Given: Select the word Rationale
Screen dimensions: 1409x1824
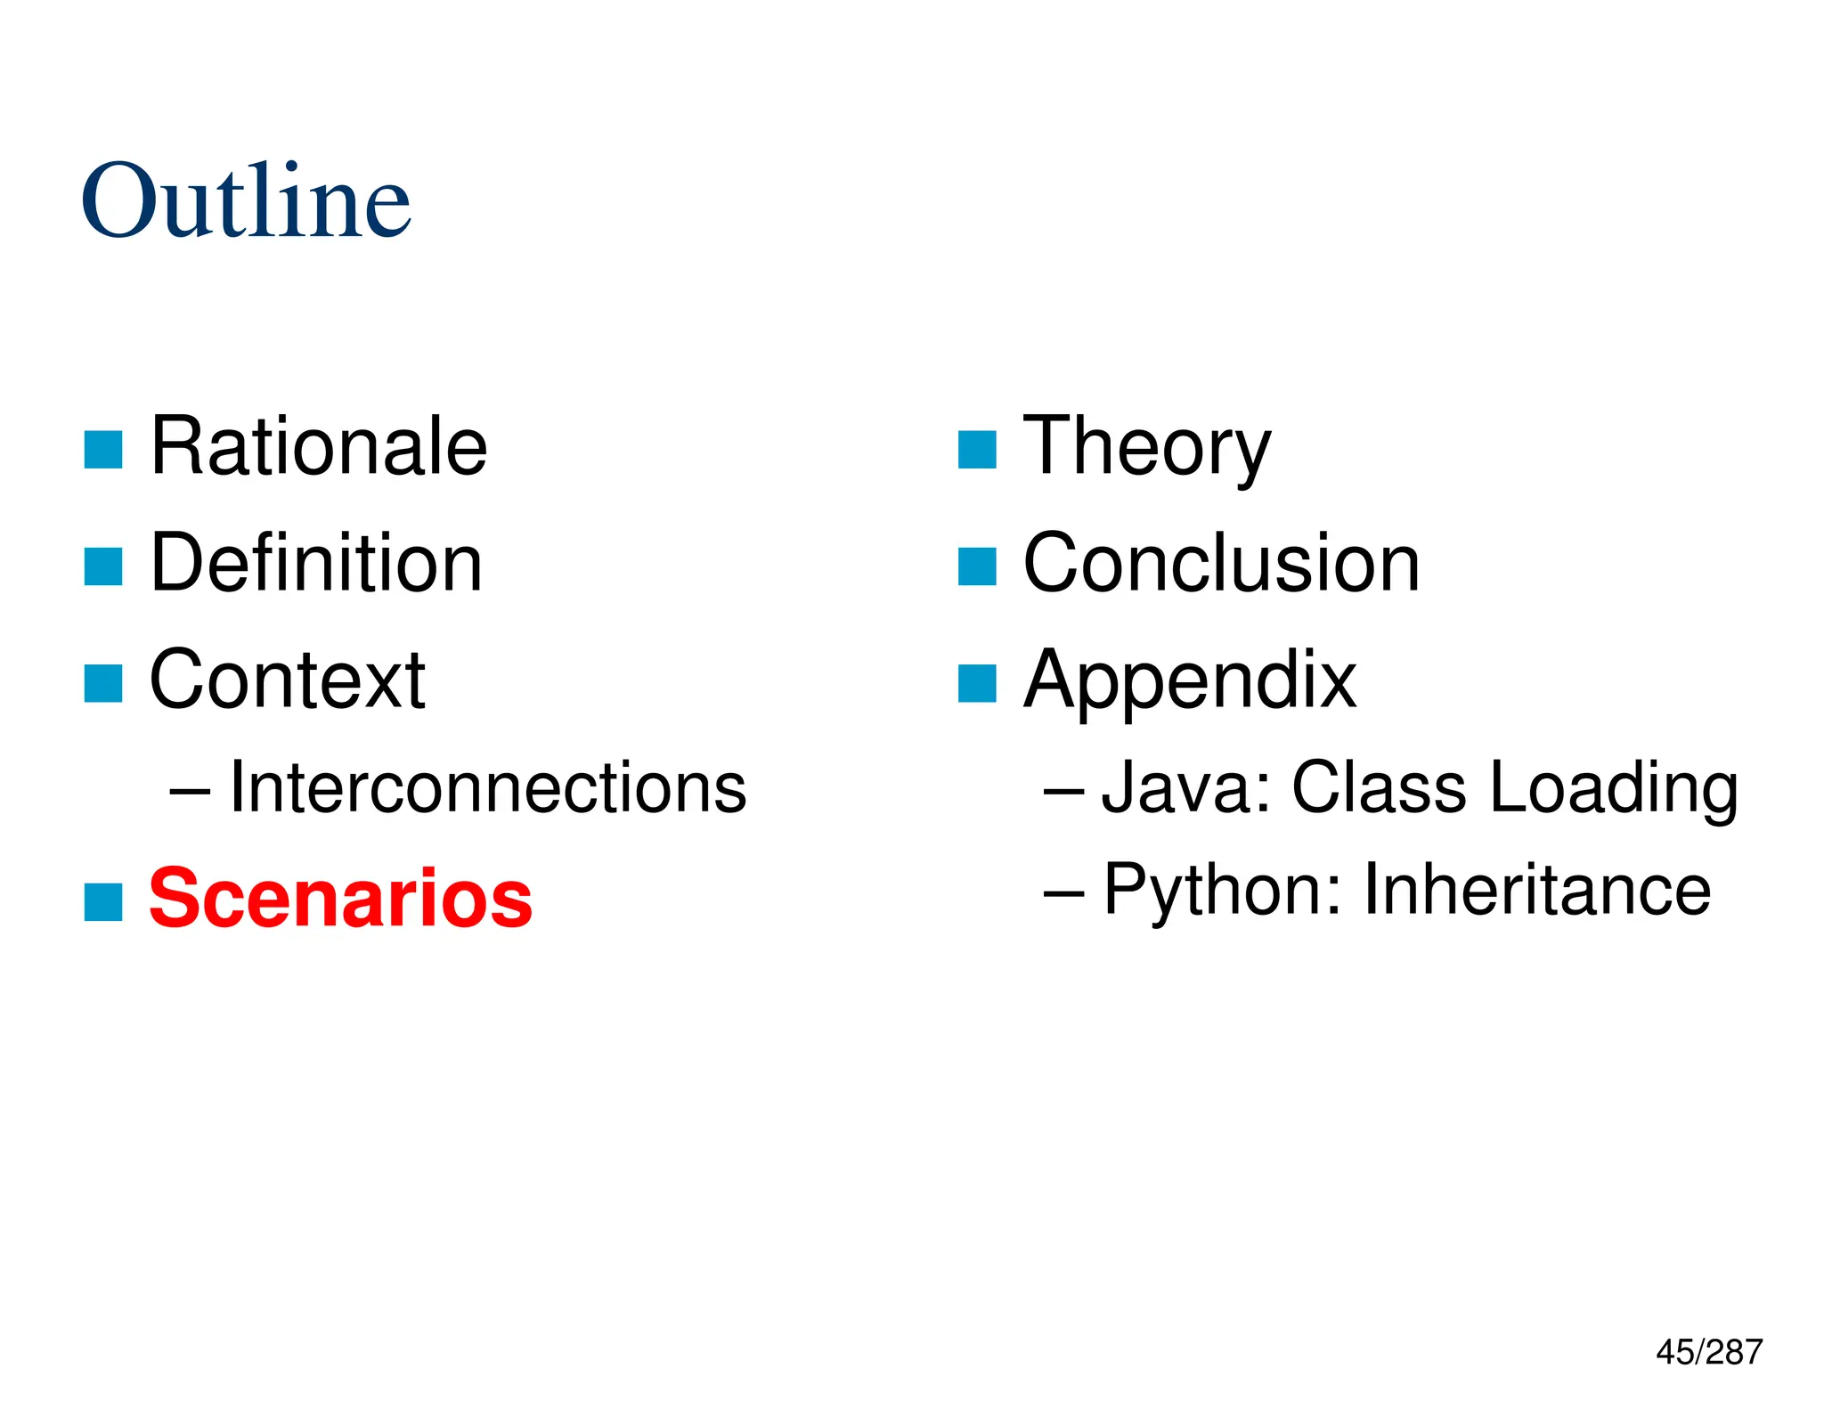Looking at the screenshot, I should (319, 446).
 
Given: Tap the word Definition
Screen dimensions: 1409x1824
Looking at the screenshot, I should (316, 563).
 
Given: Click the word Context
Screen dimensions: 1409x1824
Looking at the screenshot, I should (287, 680).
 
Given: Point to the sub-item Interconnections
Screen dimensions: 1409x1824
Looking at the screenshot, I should (487, 788).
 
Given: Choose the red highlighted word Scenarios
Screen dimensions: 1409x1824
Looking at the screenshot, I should (340, 898).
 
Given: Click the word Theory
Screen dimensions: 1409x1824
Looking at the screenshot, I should (1147, 448).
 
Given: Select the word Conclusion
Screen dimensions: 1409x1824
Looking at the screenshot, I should (1221, 563).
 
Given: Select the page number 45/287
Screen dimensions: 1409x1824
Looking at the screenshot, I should (1708, 1352).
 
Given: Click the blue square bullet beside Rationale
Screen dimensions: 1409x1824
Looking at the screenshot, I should (103, 450).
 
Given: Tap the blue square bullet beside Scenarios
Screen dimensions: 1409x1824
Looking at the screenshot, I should (103, 901).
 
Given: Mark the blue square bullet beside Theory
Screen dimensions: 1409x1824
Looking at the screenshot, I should (977, 450).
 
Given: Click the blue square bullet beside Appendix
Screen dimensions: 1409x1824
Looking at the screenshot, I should (977, 684).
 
